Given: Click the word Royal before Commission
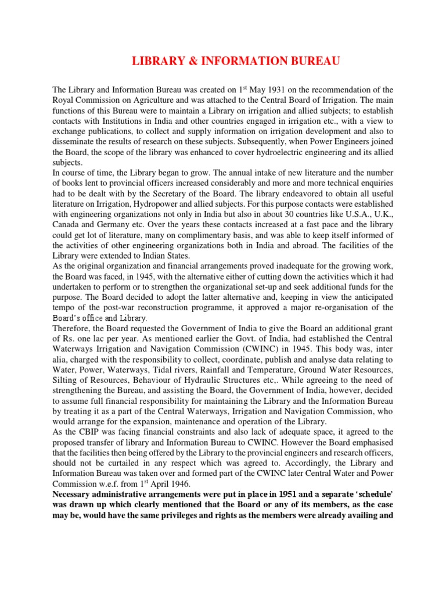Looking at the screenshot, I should (63, 101).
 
